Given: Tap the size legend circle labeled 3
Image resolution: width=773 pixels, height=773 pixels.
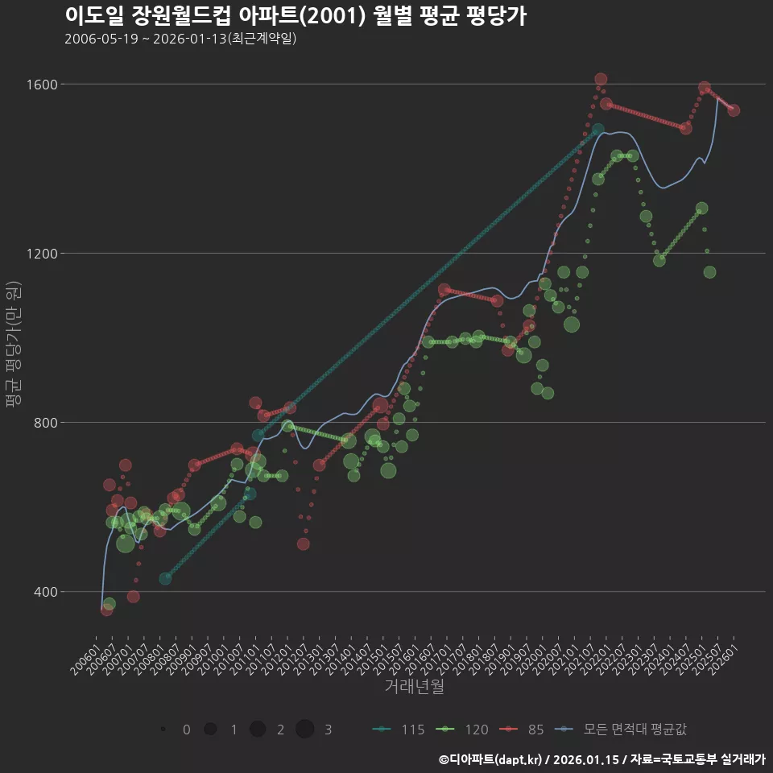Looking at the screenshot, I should [x=304, y=730].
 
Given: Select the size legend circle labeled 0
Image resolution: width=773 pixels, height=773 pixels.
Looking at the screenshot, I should [x=163, y=730].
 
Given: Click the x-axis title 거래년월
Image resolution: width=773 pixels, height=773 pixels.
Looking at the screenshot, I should [x=414, y=687].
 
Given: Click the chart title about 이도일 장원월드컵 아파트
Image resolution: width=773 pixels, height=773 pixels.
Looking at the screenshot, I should [x=295, y=15].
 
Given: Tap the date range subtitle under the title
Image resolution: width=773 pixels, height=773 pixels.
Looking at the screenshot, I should [x=180, y=39].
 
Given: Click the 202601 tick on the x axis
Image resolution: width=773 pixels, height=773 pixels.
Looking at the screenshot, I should [x=722, y=659].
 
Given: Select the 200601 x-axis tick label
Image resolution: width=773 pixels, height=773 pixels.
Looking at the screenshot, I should [x=84, y=659].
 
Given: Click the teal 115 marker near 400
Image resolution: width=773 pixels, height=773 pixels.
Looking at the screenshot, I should [x=165, y=579].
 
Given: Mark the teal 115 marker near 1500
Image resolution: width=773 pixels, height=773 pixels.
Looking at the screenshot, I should [x=597, y=130].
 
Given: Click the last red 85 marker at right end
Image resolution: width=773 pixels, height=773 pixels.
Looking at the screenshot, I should [x=734, y=110].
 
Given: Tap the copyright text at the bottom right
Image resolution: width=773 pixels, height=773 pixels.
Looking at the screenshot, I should [x=601, y=759].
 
